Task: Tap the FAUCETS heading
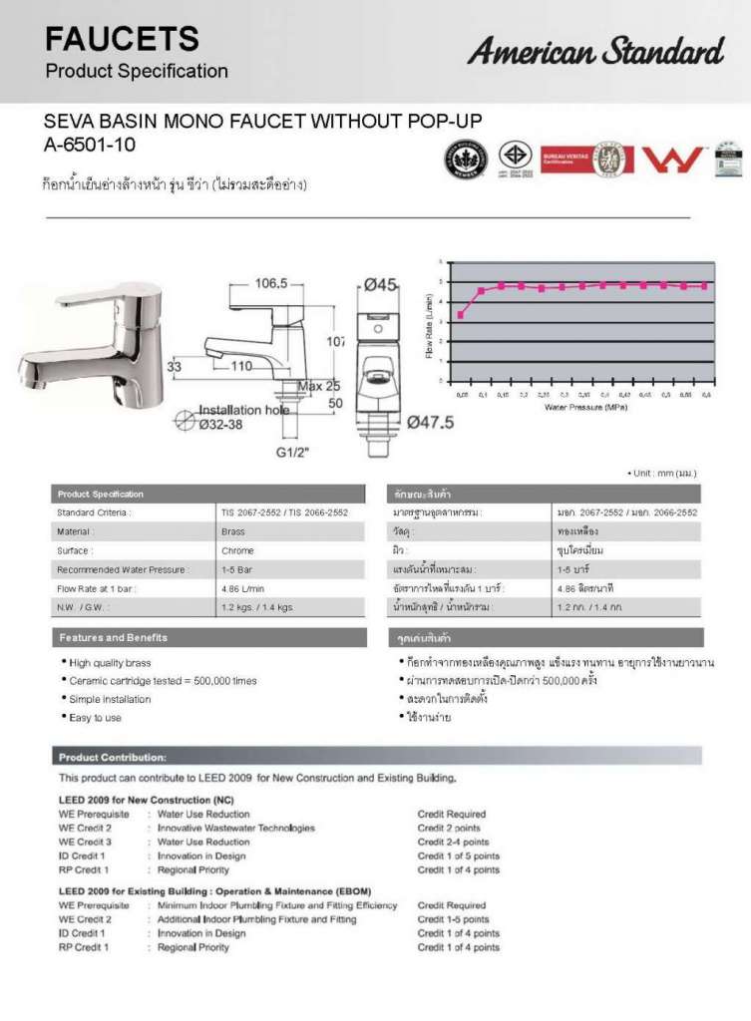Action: click(123, 40)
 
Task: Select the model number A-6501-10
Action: click(90, 145)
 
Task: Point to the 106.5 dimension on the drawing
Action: click(269, 283)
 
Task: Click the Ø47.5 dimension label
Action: click(431, 422)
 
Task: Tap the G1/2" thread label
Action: click(293, 450)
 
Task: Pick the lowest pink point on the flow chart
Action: click(460, 315)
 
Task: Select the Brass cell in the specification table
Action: click(233, 531)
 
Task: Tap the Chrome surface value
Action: click(237, 550)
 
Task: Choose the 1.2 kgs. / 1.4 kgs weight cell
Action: click(256, 606)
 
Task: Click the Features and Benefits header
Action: click(113, 637)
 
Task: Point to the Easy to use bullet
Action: click(94, 718)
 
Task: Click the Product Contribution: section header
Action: click(112, 757)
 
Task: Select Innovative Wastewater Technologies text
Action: click(236, 828)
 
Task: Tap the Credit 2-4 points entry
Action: click(453, 842)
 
